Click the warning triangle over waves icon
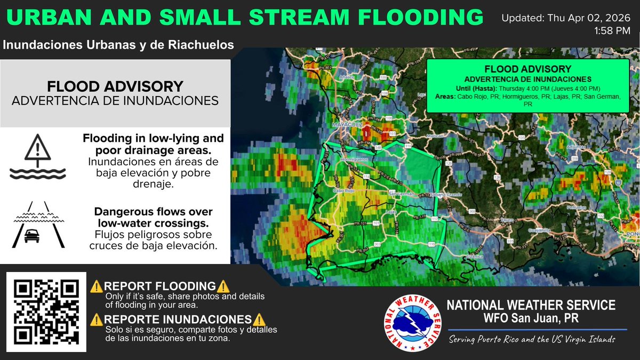tap(37, 155)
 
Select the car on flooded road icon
tap(37, 225)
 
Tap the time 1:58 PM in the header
tap(613, 31)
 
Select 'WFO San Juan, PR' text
tap(530, 318)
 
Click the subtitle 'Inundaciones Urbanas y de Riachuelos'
tap(118, 45)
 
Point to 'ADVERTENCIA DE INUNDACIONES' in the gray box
tap(115, 100)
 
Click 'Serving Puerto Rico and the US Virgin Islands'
tap(532, 340)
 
